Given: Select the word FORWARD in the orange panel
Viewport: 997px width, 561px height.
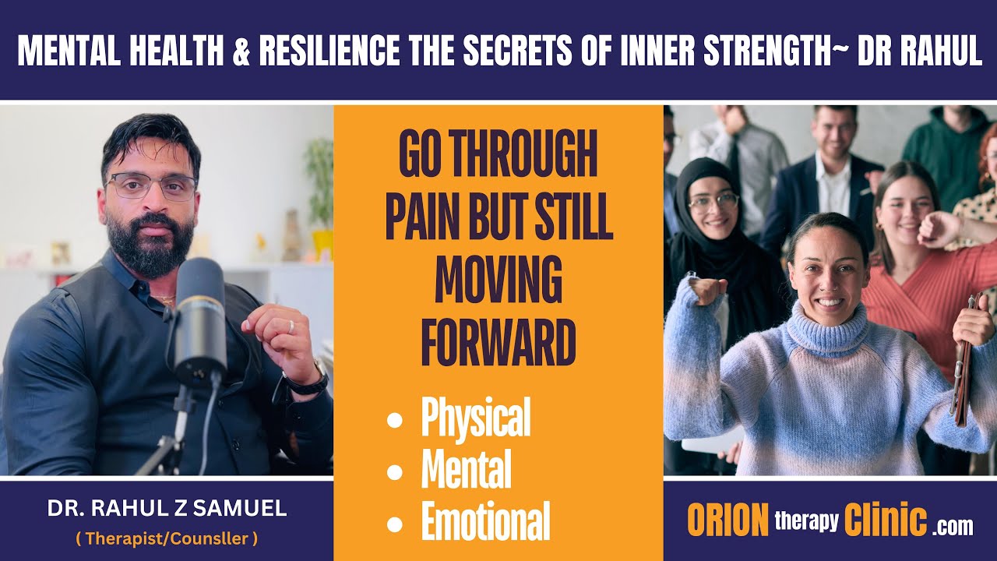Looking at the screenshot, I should coord(498,343).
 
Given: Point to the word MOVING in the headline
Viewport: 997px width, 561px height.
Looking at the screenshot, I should coord(498,281).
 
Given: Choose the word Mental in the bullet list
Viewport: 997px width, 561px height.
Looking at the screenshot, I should coord(466,471).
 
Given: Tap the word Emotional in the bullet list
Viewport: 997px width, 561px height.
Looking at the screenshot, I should coord(485,520).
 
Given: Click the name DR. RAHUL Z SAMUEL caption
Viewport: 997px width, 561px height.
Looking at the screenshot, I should coord(167,510).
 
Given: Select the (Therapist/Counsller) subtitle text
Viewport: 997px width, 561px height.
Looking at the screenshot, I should coord(167,538).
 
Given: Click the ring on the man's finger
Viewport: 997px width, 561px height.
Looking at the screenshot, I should coord(291,327).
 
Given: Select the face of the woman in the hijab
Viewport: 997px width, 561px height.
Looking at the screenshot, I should coord(713,206).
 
